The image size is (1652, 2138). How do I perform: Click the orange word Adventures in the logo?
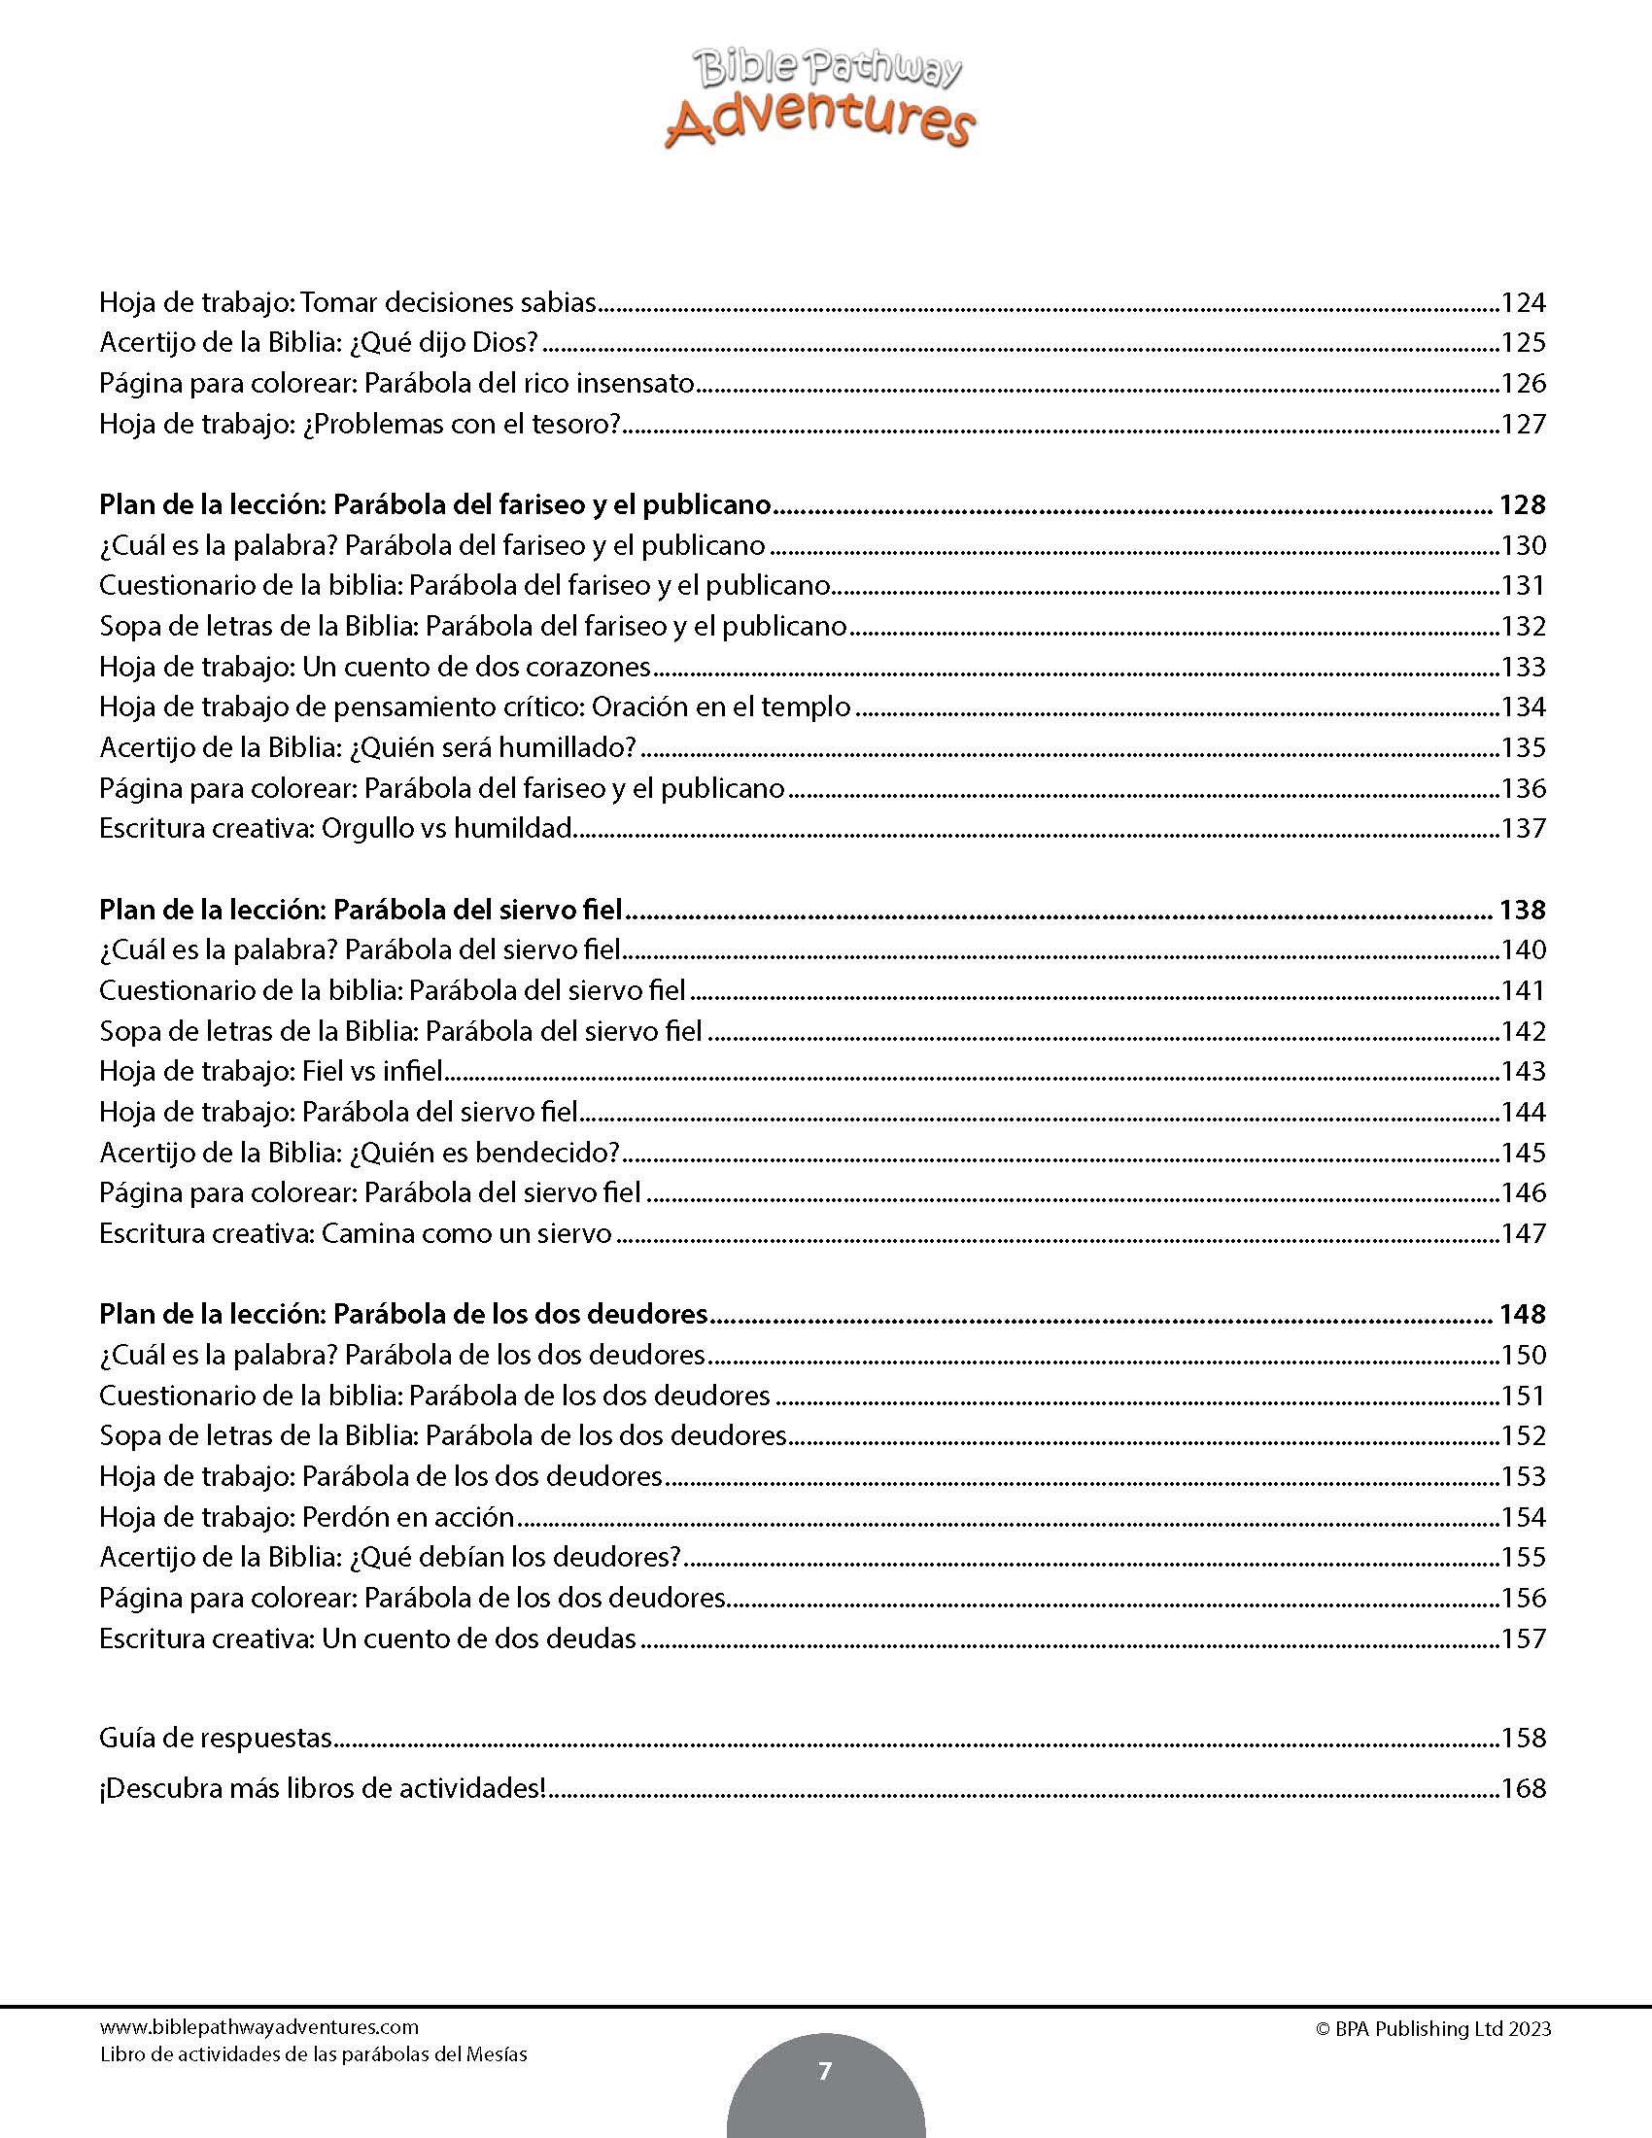[x=820, y=121]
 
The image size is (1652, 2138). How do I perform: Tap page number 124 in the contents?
[x=1523, y=302]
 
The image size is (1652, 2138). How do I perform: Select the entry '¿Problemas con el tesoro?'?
[x=462, y=424]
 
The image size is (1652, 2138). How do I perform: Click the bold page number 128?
[x=1522, y=505]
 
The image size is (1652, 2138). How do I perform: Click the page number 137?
[x=1523, y=828]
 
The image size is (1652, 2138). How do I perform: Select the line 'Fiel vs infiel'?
[x=373, y=1071]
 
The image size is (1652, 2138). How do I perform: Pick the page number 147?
[x=1523, y=1233]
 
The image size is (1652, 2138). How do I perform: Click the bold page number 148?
[x=1522, y=1314]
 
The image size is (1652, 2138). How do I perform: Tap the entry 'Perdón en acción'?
[x=408, y=1516]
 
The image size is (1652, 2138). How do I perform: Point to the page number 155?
[x=1523, y=1557]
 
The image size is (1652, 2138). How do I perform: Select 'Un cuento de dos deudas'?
[x=479, y=1638]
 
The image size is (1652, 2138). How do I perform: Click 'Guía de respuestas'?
[x=217, y=1738]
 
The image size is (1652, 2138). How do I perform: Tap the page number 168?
[x=1523, y=1788]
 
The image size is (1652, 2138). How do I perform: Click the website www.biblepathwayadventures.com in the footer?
[x=259, y=2027]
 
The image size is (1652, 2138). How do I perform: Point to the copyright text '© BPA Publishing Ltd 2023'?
[x=1432, y=2029]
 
